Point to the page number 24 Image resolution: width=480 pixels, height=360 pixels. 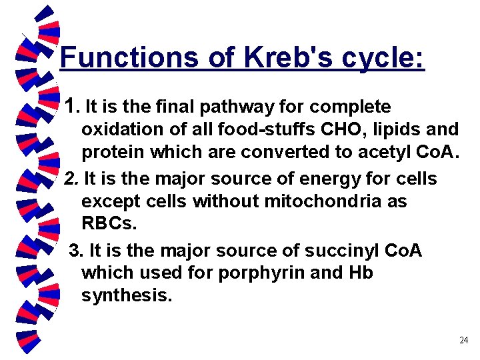click(464, 341)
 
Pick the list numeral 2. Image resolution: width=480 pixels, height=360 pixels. click(71, 179)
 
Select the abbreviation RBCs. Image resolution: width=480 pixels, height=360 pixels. click(109, 223)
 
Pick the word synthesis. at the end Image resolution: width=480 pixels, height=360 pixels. click(127, 295)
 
